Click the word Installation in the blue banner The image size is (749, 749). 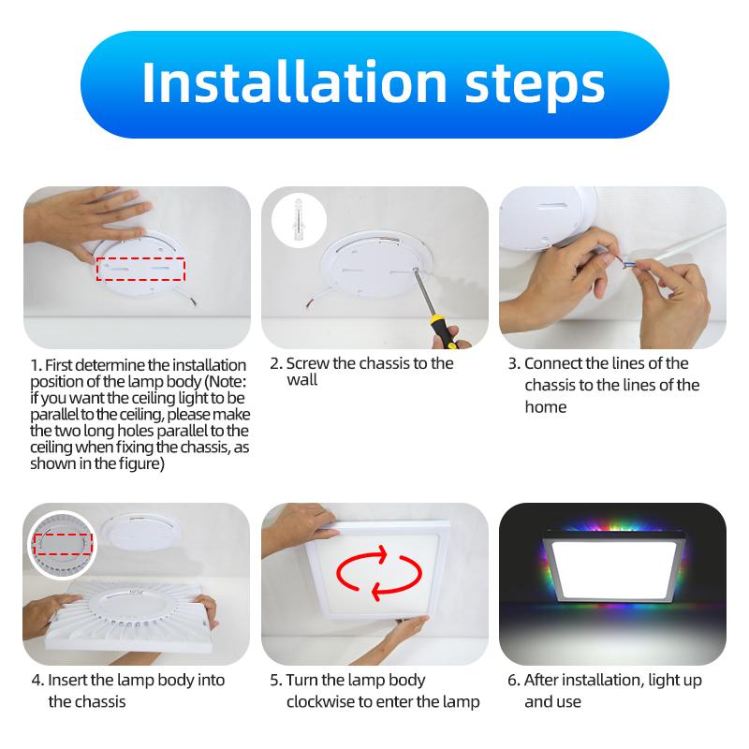(x=294, y=81)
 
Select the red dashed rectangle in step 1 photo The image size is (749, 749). (x=140, y=269)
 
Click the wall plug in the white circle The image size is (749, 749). (x=298, y=219)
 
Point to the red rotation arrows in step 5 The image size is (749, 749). (x=379, y=573)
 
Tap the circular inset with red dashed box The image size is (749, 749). (x=62, y=545)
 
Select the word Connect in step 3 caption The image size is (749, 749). (x=553, y=363)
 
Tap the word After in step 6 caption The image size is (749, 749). (x=541, y=680)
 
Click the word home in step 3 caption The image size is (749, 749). (x=546, y=407)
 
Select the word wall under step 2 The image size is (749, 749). (x=301, y=380)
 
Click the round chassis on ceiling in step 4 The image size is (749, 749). (x=143, y=532)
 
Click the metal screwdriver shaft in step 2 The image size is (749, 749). (x=424, y=292)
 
